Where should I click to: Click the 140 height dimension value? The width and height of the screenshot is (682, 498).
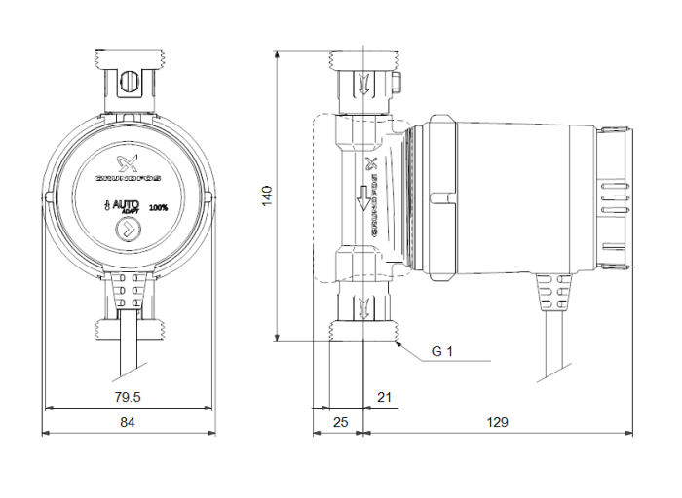click(x=266, y=195)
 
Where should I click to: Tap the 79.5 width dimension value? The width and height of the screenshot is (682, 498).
click(x=128, y=397)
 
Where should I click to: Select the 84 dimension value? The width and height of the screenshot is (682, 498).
click(x=128, y=423)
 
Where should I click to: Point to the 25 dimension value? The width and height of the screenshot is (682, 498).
click(x=339, y=423)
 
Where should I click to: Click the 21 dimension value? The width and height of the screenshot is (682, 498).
click(x=383, y=397)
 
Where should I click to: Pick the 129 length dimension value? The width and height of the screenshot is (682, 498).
click(x=498, y=423)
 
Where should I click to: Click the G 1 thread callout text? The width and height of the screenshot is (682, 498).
click(x=443, y=351)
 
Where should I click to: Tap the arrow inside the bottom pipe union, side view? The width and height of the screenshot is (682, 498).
click(x=364, y=310)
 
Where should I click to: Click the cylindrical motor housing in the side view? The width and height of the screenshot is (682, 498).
click(x=516, y=195)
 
